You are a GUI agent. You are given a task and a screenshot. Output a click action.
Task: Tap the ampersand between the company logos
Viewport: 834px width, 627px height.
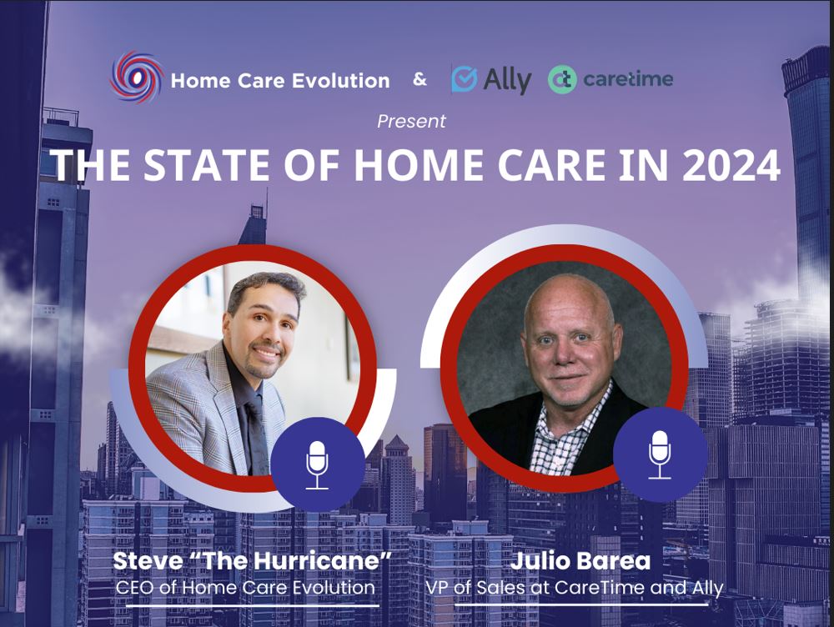click(x=420, y=80)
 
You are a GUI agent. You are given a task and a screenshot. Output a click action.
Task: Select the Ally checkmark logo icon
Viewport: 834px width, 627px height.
click(x=465, y=79)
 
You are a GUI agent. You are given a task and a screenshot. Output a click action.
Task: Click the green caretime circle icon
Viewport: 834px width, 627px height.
click(x=562, y=80)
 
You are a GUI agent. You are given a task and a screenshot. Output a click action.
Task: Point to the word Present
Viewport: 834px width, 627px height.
click(x=411, y=122)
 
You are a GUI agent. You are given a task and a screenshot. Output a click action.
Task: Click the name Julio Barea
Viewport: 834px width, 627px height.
click(x=574, y=562)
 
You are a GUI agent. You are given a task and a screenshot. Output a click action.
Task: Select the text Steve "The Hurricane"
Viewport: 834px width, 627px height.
click(x=252, y=562)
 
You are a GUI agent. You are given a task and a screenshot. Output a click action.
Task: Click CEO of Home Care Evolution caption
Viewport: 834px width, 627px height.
click(x=245, y=588)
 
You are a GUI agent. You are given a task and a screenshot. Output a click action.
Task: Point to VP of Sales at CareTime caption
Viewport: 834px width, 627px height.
click(x=574, y=588)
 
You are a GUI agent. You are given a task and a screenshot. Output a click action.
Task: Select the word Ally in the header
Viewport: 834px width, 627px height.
click(x=508, y=80)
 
